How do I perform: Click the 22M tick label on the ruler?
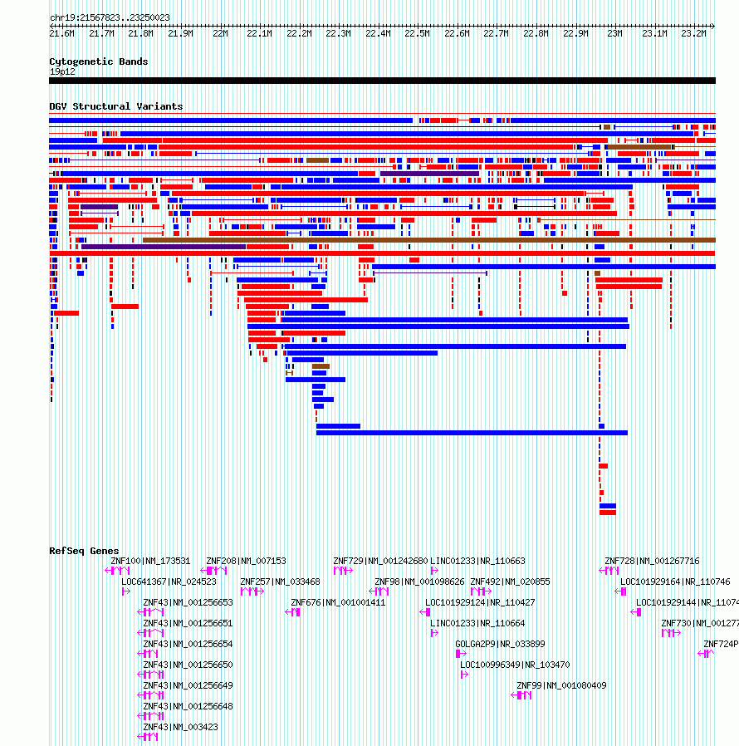pyautogui.click(x=220, y=33)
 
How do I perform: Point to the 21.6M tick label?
pyautogui.click(x=62, y=33)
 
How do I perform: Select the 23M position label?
pyautogui.click(x=614, y=33)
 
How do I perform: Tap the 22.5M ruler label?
pyautogui.click(x=417, y=33)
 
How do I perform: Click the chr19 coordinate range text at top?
pyautogui.click(x=110, y=17)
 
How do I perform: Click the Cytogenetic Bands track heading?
pyautogui.click(x=98, y=61)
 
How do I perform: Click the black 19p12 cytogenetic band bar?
pyautogui.click(x=382, y=81)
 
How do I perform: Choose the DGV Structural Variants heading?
pyautogui.click(x=115, y=106)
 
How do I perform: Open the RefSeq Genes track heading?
pyautogui.click(x=84, y=551)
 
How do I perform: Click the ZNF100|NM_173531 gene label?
pyautogui.click(x=150, y=561)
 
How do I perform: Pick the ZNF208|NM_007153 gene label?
pyautogui.click(x=246, y=561)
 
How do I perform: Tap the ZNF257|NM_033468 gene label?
pyautogui.click(x=280, y=582)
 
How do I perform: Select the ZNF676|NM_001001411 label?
pyautogui.click(x=338, y=602)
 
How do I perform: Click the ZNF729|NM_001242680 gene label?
pyautogui.click(x=380, y=561)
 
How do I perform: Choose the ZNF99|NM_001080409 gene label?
pyautogui.click(x=561, y=685)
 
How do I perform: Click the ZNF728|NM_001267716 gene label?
pyautogui.click(x=652, y=561)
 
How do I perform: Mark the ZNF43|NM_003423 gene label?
pyautogui.click(x=180, y=727)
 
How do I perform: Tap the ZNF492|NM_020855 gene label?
pyautogui.click(x=510, y=582)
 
